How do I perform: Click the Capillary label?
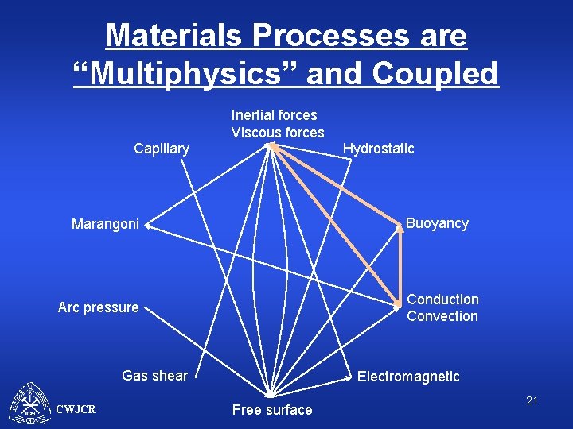coord(162,149)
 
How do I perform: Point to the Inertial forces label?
coord(274,115)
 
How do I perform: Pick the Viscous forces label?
coord(278,133)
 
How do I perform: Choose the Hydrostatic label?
coord(378,149)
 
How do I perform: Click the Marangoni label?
coord(105,225)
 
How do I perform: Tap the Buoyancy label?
coord(437,223)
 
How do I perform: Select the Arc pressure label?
coord(98,307)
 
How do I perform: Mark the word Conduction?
coord(442,300)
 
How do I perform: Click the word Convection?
coord(442,316)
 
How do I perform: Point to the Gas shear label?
coord(154,376)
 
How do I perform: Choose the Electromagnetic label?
coord(408,377)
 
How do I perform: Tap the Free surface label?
coord(272,410)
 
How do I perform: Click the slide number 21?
coord(532,400)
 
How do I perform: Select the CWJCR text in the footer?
coord(76,410)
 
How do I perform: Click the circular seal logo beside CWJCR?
coord(29,405)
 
